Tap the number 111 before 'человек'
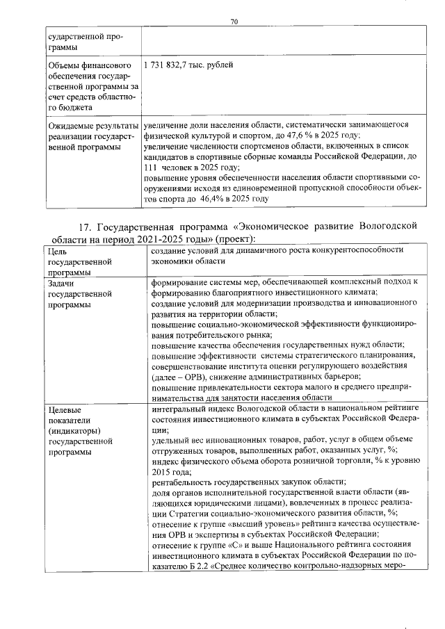[152, 168]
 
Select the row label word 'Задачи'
[61, 284]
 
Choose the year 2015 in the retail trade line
[161, 471]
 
